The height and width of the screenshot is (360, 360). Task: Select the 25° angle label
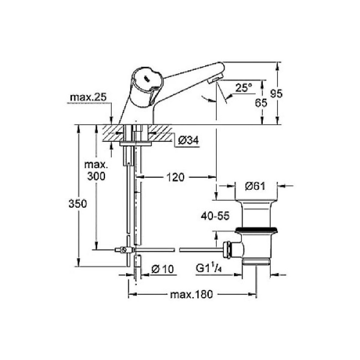(x=243, y=87)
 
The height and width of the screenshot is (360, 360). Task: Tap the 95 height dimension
(x=276, y=93)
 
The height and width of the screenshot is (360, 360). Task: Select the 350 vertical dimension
(x=77, y=204)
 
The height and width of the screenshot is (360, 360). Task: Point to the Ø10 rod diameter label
(x=162, y=269)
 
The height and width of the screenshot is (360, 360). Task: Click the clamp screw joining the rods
(x=124, y=249)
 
